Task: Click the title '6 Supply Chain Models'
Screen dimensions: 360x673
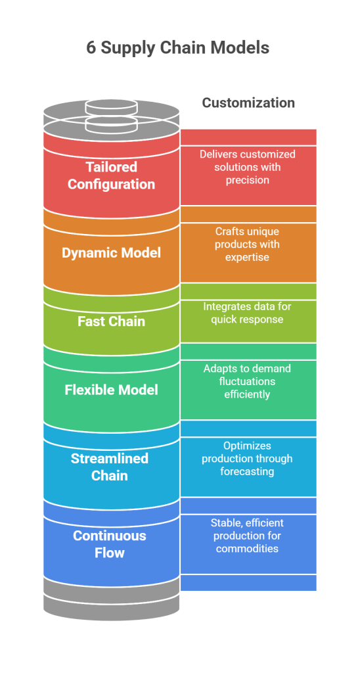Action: coord(177,47)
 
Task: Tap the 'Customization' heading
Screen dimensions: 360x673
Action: coord(248,103)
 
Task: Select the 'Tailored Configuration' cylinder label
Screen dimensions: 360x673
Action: coord(111,175)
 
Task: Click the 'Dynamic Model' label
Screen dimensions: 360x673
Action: coord(111,252)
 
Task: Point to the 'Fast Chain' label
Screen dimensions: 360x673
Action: coord(111,321)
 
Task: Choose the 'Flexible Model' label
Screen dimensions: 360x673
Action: coord(111,390)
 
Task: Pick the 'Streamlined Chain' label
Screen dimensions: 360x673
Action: coord(110,467)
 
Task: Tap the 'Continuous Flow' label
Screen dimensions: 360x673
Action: coord(110,544)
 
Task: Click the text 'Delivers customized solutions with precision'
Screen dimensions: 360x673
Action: coord(248,166)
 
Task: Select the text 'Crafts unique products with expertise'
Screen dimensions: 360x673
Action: coord(247,244)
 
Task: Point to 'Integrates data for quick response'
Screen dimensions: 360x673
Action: coord(247,313)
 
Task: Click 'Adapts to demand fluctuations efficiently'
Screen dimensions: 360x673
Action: coord(247,381)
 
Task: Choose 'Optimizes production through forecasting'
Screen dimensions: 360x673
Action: coord(247,458)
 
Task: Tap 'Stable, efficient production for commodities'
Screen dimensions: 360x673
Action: coord(247,536)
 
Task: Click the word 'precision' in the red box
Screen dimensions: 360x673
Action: coord(248,179)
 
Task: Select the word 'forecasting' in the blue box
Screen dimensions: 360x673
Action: coord(247,471)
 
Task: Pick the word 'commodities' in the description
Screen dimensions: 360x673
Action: coord(247,548)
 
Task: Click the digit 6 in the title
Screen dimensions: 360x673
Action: coord(91,47)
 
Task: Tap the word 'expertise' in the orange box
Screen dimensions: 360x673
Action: coord(247,257)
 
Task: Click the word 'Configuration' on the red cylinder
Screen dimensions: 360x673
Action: coord(111,184)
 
